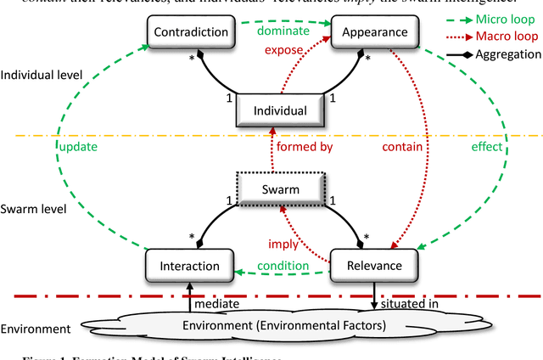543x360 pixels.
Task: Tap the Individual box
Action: tap(281, 110)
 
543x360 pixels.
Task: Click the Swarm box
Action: tap(281, 189)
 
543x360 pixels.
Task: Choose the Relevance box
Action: tap(373, 266)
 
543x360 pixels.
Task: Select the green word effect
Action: tap(489, 146)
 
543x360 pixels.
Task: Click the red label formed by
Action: tap(303, 146)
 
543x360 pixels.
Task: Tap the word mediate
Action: tap(217, 302)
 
